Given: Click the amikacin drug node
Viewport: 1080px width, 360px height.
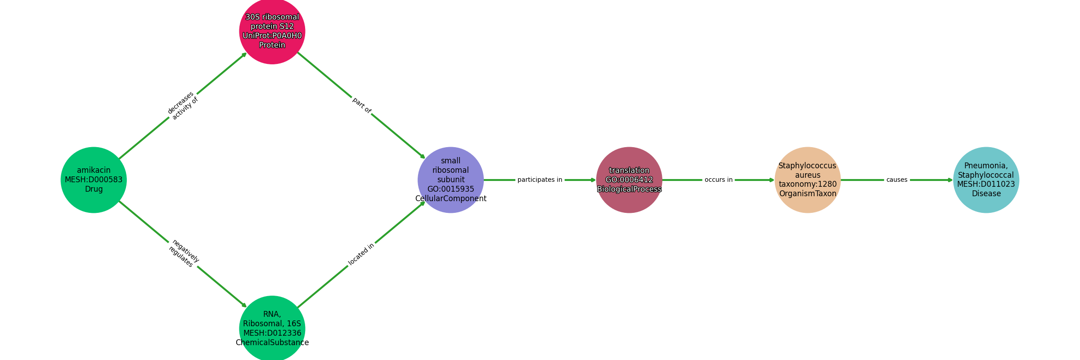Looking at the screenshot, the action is click(x=94, y=180).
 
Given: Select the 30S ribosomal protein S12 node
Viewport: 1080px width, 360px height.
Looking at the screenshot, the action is click(x=272, y=31).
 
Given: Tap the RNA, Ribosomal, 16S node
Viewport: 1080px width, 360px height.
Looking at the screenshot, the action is click(x=272, y=328).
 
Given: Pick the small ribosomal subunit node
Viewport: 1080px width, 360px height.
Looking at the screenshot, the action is click(x=451, y=180).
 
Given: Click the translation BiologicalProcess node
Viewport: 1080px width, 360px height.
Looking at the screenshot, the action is click(x=629, y=180).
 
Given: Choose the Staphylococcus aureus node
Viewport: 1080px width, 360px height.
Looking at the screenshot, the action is click(x=808, y=180).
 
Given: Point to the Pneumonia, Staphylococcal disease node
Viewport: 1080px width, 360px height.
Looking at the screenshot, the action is click(x=986, y=180).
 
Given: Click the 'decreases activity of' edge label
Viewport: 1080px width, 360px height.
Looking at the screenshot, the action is click(x=183, y=106).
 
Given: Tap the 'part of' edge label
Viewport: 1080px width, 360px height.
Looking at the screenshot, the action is click(x=361, y=105).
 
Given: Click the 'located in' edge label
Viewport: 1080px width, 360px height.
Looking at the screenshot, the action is click(x=361, y=255).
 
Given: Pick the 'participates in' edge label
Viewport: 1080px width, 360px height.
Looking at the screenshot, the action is click(x=540, y=180).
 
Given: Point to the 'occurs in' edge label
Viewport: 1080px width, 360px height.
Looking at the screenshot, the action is click(x=719, y=180).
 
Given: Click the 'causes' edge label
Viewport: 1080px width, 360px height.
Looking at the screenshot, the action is click(x=897, y=180).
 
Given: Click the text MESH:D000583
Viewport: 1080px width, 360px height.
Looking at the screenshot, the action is click(x=94, y=180).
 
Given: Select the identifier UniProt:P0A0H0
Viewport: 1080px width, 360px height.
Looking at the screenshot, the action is click(x=272, y=36).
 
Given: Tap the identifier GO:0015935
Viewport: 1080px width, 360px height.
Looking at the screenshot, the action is click(x=451, y=189).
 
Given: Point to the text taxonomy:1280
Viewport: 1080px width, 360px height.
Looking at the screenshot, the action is click(x=808, y=184).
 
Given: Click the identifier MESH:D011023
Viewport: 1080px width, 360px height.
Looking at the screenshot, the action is click(x=986, y=184).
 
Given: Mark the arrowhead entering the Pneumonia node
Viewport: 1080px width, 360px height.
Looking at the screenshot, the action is click(x=950, y=180).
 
